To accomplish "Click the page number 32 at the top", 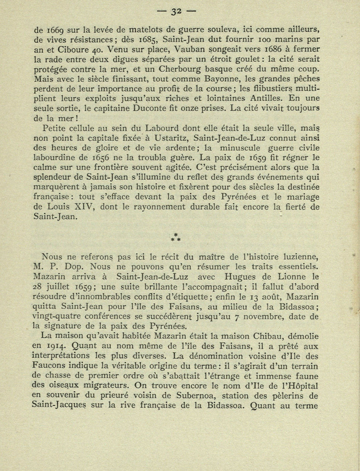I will click(176, 12).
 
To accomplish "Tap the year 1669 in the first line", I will click(56, 29).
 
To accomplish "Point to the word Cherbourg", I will click(179, 69).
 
